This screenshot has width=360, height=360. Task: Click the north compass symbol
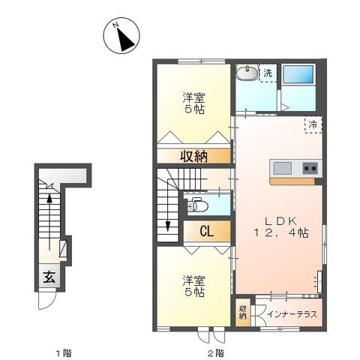[122, 37]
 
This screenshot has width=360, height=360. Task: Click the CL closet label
[206, 232]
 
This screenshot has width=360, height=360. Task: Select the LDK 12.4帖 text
[279, 226]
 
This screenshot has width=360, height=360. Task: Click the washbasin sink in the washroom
[245, 73]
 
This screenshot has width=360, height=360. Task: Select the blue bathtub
[301, 76]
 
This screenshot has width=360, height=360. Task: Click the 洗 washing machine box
[268, 73]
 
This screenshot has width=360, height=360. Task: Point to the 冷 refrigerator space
[312, 125]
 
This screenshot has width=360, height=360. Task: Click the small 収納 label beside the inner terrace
[243, 313]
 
